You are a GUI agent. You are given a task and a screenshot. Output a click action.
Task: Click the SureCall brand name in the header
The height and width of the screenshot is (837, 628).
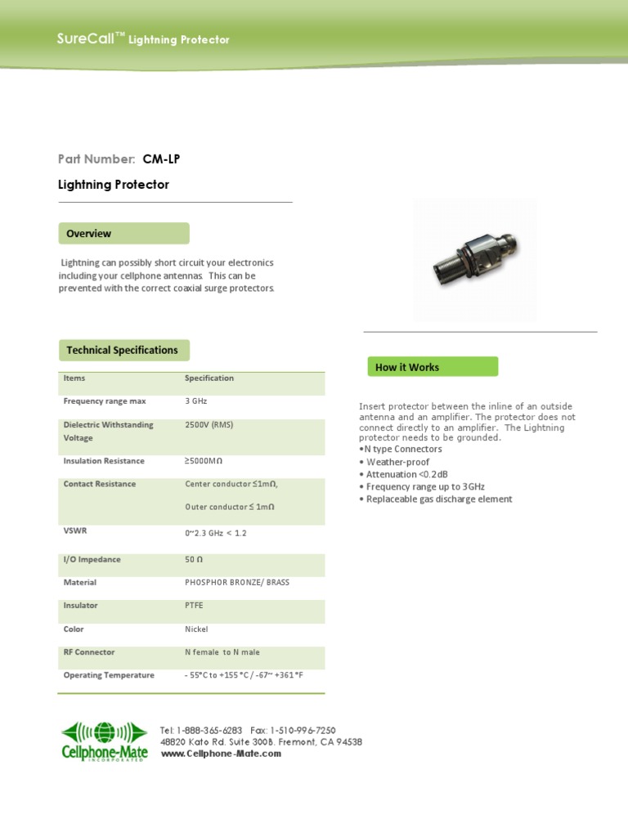86,38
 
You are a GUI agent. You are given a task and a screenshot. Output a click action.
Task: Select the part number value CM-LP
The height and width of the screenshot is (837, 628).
161,159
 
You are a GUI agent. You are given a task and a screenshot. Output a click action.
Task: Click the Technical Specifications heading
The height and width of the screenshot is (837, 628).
123,350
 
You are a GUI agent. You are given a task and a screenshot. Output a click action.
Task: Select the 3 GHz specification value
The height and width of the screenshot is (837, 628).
196,401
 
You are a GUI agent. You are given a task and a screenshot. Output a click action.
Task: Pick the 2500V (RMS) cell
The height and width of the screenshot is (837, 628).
209,425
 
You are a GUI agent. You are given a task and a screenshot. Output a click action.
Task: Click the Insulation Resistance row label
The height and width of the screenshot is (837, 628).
104,461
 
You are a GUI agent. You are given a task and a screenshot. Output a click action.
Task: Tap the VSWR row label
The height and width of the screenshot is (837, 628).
75,530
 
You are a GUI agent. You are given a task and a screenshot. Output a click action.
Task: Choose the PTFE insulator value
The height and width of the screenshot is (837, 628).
195,606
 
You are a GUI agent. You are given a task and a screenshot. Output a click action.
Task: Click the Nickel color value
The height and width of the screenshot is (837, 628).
196,629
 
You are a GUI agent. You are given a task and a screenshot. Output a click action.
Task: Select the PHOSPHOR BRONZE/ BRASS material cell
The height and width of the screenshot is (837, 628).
237,583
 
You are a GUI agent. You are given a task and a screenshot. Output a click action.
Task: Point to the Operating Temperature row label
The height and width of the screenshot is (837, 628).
109,675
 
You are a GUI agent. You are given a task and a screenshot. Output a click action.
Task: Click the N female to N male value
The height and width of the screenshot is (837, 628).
222,652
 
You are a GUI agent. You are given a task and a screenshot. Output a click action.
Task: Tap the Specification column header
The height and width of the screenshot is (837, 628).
209,378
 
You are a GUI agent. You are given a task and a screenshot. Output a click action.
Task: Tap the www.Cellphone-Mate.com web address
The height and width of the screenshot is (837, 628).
221,754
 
